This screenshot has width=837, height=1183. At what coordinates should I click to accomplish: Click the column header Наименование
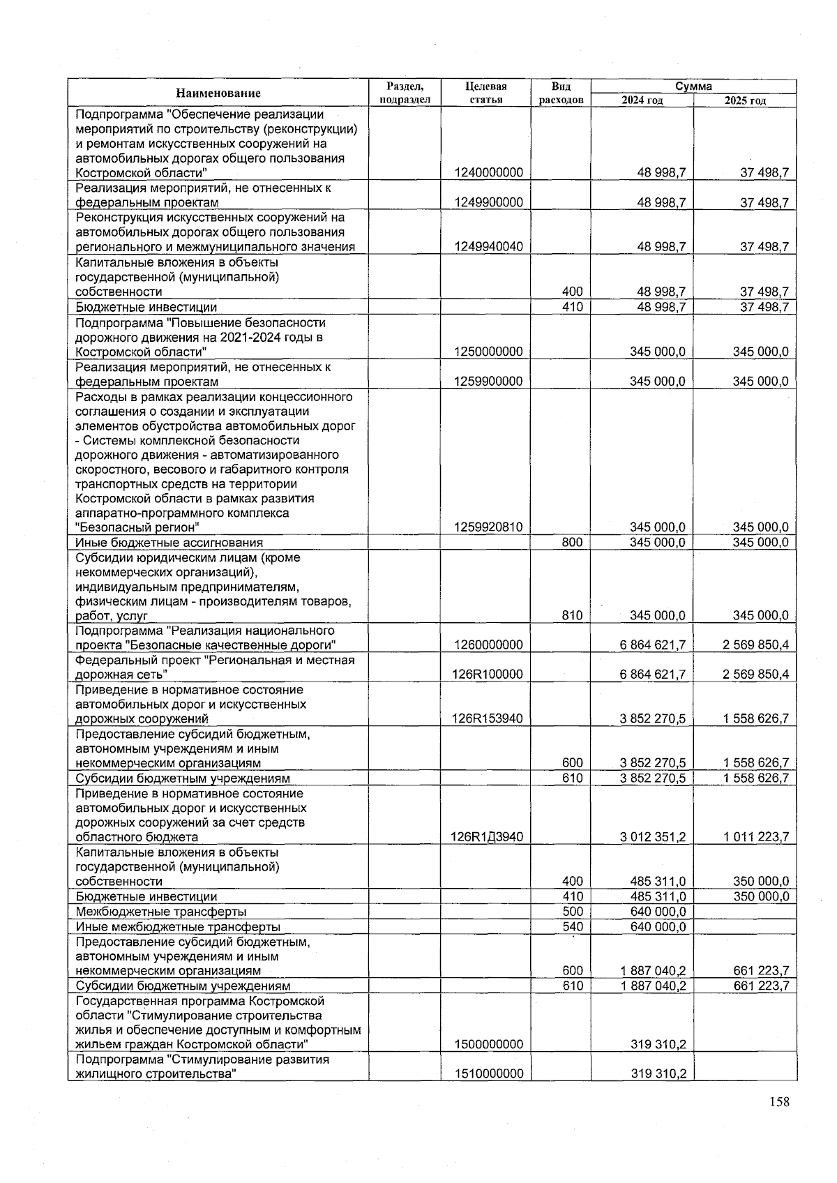[218, 93]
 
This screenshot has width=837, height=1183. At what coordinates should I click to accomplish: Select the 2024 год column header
[642, 100]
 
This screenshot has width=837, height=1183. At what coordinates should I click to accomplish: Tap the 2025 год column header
[745, 100]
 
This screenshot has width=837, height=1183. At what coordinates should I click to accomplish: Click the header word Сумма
[693, 86]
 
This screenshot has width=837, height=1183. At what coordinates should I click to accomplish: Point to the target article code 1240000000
[488, 172]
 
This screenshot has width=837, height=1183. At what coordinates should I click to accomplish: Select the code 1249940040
[488, 246]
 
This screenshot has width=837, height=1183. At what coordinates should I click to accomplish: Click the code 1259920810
[488, 527]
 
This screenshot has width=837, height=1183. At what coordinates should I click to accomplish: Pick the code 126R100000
[488, 674]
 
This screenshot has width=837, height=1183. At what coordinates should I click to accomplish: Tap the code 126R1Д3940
[488, 837]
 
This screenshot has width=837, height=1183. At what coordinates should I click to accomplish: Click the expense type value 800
[572, 542]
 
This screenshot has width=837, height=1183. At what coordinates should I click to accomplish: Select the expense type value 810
[572, 615]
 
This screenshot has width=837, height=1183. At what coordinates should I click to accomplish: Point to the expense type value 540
[572, 926]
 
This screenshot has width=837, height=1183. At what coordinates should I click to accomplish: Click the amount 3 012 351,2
[652, 837]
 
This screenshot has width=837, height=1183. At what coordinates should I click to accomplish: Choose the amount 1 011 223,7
[755, 837]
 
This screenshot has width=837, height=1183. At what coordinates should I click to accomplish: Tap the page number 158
[779, 1102]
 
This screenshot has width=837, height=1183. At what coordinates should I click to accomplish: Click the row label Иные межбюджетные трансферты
[178, 927]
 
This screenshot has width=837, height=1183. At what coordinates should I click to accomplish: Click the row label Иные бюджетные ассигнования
[169, 543]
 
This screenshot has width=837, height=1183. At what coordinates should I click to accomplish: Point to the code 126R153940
[488, 718]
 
